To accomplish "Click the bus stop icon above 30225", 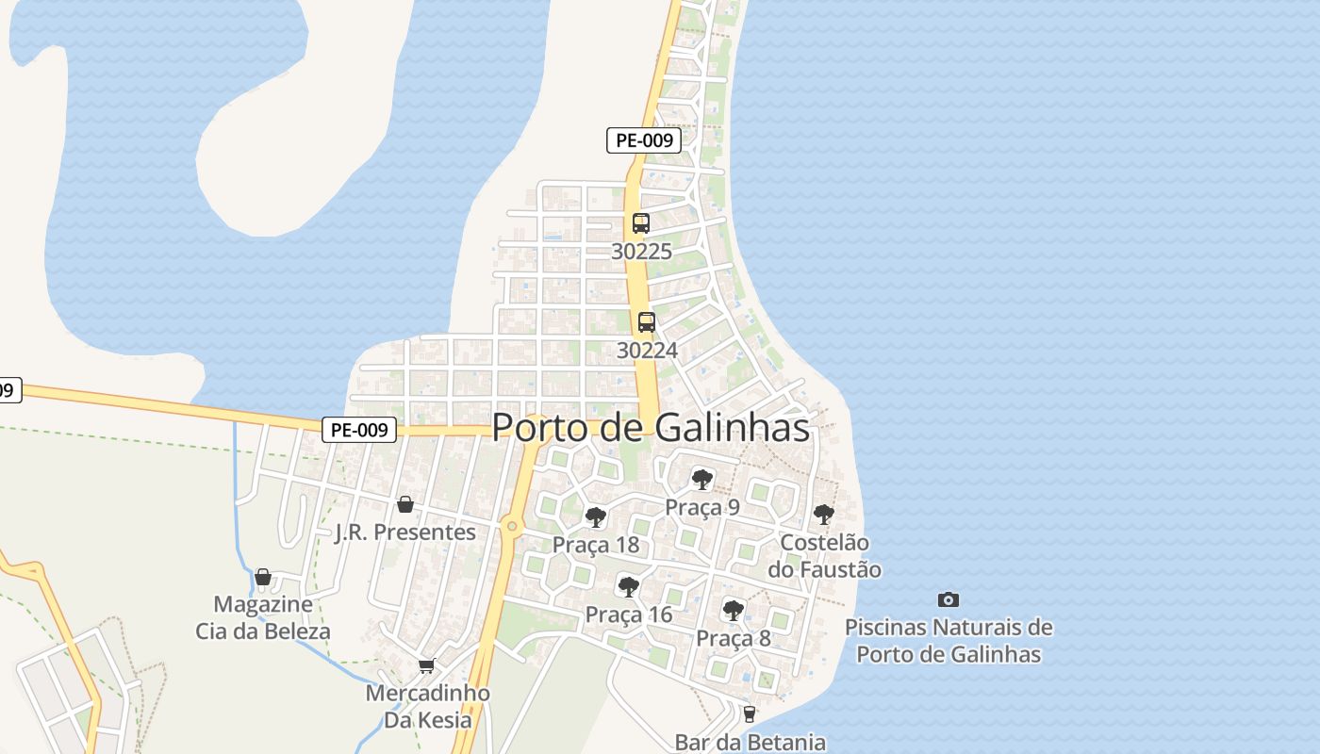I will [641, 223].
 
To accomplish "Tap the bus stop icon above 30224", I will [646, 322].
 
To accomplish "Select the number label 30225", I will [641, 252].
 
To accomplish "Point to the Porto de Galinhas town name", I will [651, 427].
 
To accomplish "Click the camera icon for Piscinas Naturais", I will [949, 599].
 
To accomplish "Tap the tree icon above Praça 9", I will [701, 480].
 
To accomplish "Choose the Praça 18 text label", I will [595, 545].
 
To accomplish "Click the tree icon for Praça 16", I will [628, 587].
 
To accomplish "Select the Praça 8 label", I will [734, 638].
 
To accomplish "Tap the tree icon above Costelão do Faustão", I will [824, 515].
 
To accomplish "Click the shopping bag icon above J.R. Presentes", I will [405, 504].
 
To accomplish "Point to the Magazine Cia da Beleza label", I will [263, 617].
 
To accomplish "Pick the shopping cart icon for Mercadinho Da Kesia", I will [427, 666].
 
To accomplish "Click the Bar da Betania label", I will [750, 742].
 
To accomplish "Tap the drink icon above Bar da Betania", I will [749, 713].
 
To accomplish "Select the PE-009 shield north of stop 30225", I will [643, 140].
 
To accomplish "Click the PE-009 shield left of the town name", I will [359, 430].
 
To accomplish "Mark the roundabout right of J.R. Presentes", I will [511, 525].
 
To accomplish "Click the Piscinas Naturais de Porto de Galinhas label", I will [949, 640].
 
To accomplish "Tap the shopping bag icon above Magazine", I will [263, 577].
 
